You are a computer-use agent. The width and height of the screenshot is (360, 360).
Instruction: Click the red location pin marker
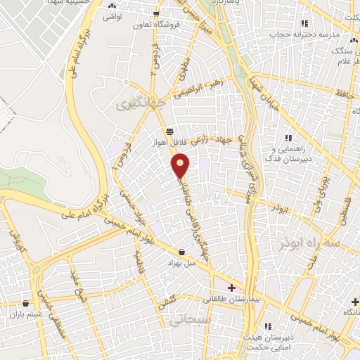(181, 167)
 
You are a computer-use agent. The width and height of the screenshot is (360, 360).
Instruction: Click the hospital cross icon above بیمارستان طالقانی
(232, 288)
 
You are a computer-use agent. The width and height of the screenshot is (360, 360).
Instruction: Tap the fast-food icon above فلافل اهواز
(169, 131)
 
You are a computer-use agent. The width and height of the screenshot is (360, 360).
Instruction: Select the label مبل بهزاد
(180, 262)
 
